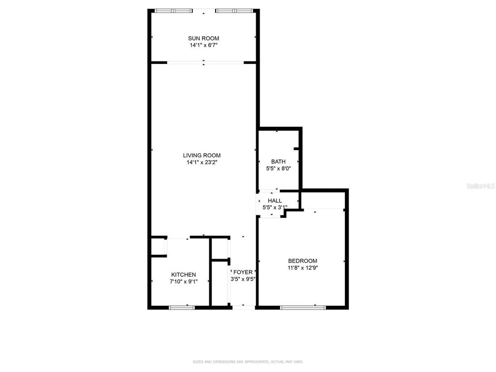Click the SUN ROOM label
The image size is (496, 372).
pos(203,38)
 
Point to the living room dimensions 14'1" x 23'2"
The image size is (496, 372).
pos(203,163)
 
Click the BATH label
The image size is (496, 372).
pos(278,162)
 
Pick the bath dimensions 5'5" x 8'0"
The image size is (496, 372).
pos(278,169)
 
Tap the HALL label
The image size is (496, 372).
pos(275,201)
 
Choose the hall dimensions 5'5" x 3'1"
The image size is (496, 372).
pos(275,207)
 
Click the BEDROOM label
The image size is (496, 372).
pos(303,261)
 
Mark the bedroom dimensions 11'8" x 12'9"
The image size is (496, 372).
pos(303,267)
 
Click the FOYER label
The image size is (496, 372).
pos(243,272)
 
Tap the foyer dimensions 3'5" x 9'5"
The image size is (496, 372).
pos(243,279)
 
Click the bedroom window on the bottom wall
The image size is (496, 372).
pos(303,306)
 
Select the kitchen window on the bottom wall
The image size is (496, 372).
pos(182,307)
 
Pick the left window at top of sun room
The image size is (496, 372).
pos(173,10)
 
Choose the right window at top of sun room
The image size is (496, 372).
pos(233,10)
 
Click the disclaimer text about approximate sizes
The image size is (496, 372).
pos(248,362)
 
